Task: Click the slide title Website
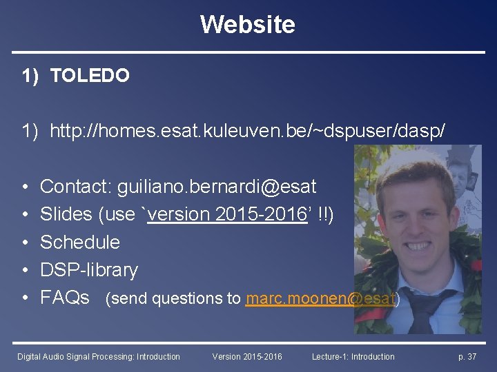[248, 25]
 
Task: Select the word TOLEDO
[90, 76]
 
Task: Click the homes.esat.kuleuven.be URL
[253, 129]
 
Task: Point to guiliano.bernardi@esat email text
[217, 186]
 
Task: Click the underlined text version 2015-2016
[227, 214]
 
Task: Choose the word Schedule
[80, 242]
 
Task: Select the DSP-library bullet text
[89, 269]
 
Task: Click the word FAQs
[65, 298]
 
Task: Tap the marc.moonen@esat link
[321, 298]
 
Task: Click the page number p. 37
[467, 356]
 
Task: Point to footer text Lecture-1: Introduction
[353, 356]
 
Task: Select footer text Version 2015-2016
[247, 356]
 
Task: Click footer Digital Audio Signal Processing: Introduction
[99, 356]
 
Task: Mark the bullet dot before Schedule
[25, 242]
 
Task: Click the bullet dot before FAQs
[25, 298]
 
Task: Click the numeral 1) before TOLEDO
[30, 76]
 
